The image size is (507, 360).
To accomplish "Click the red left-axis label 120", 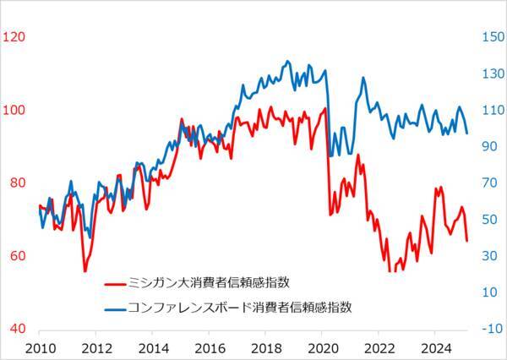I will (x=15, y=36).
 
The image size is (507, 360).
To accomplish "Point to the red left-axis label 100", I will (x=15, y=110).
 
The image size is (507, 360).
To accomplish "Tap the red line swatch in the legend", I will (x=119, y=282).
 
